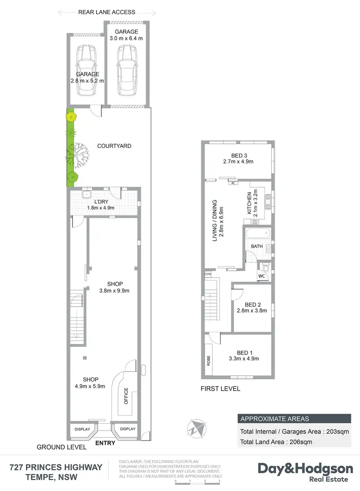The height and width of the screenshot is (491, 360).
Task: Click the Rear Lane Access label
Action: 107,12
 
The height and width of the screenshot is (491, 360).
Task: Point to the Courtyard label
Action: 114,146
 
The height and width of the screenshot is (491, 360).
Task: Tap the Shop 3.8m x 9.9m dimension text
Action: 114,290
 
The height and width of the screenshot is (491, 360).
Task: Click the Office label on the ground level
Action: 126,395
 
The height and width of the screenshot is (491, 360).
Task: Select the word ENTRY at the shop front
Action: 106,443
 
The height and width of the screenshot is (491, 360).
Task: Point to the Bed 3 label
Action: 239,155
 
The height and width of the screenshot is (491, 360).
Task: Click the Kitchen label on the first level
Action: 250,203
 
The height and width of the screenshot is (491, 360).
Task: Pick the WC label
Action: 261,276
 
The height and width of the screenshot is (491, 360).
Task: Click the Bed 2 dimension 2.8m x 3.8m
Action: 252,310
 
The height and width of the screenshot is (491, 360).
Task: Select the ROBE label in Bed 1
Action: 208,360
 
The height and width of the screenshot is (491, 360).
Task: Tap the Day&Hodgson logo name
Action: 305,468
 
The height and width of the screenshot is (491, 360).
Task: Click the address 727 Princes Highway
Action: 56,467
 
